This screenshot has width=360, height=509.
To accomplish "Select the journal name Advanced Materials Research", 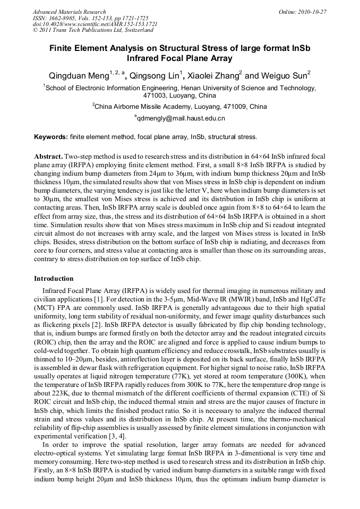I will pos(69,11).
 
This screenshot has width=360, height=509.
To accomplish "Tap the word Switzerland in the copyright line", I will pos(136,30).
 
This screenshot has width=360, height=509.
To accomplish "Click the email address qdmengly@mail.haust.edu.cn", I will pos(181,118).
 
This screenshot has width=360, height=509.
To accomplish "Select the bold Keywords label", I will pos(50,137).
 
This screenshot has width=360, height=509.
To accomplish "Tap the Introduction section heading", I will pos(54,278).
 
